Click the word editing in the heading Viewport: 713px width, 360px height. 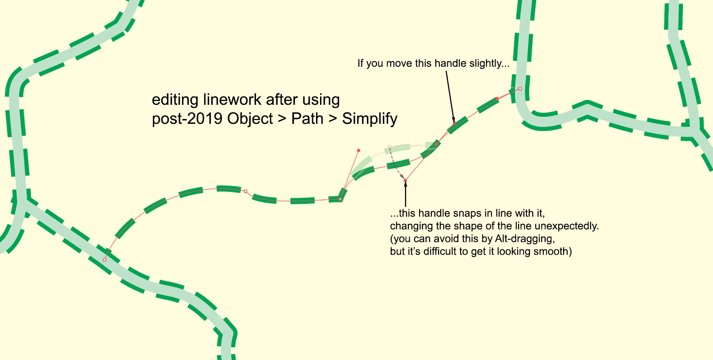pos(175,100)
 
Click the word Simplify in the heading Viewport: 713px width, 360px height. pos(370,119)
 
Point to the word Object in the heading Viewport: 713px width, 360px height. pos(250,119)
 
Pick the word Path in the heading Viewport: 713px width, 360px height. pos(307,119)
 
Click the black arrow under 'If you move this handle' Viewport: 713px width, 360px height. pos(450,96)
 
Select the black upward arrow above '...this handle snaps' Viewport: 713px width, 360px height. pos(405,194)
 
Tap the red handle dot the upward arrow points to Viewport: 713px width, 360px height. pos(405,180)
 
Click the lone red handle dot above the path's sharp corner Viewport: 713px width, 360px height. pos(358,150)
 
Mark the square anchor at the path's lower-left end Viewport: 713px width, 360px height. pos(104,260)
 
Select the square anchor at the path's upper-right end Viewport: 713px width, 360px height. pos(520,88)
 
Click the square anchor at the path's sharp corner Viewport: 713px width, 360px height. pos(340,199)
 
